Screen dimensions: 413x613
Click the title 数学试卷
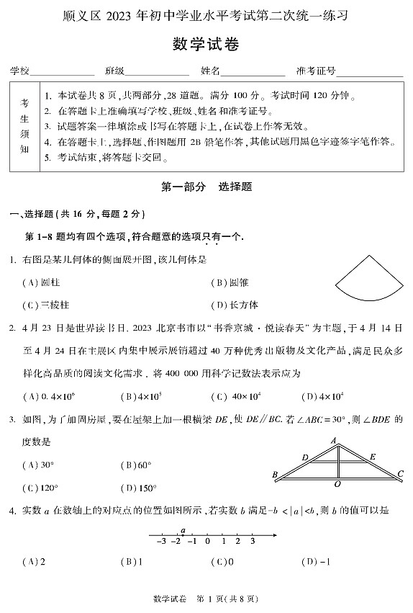206,45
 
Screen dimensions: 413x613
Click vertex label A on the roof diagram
334,440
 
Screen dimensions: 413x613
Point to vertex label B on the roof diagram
275,475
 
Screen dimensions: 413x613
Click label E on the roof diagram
372,457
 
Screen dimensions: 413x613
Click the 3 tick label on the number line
252,542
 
